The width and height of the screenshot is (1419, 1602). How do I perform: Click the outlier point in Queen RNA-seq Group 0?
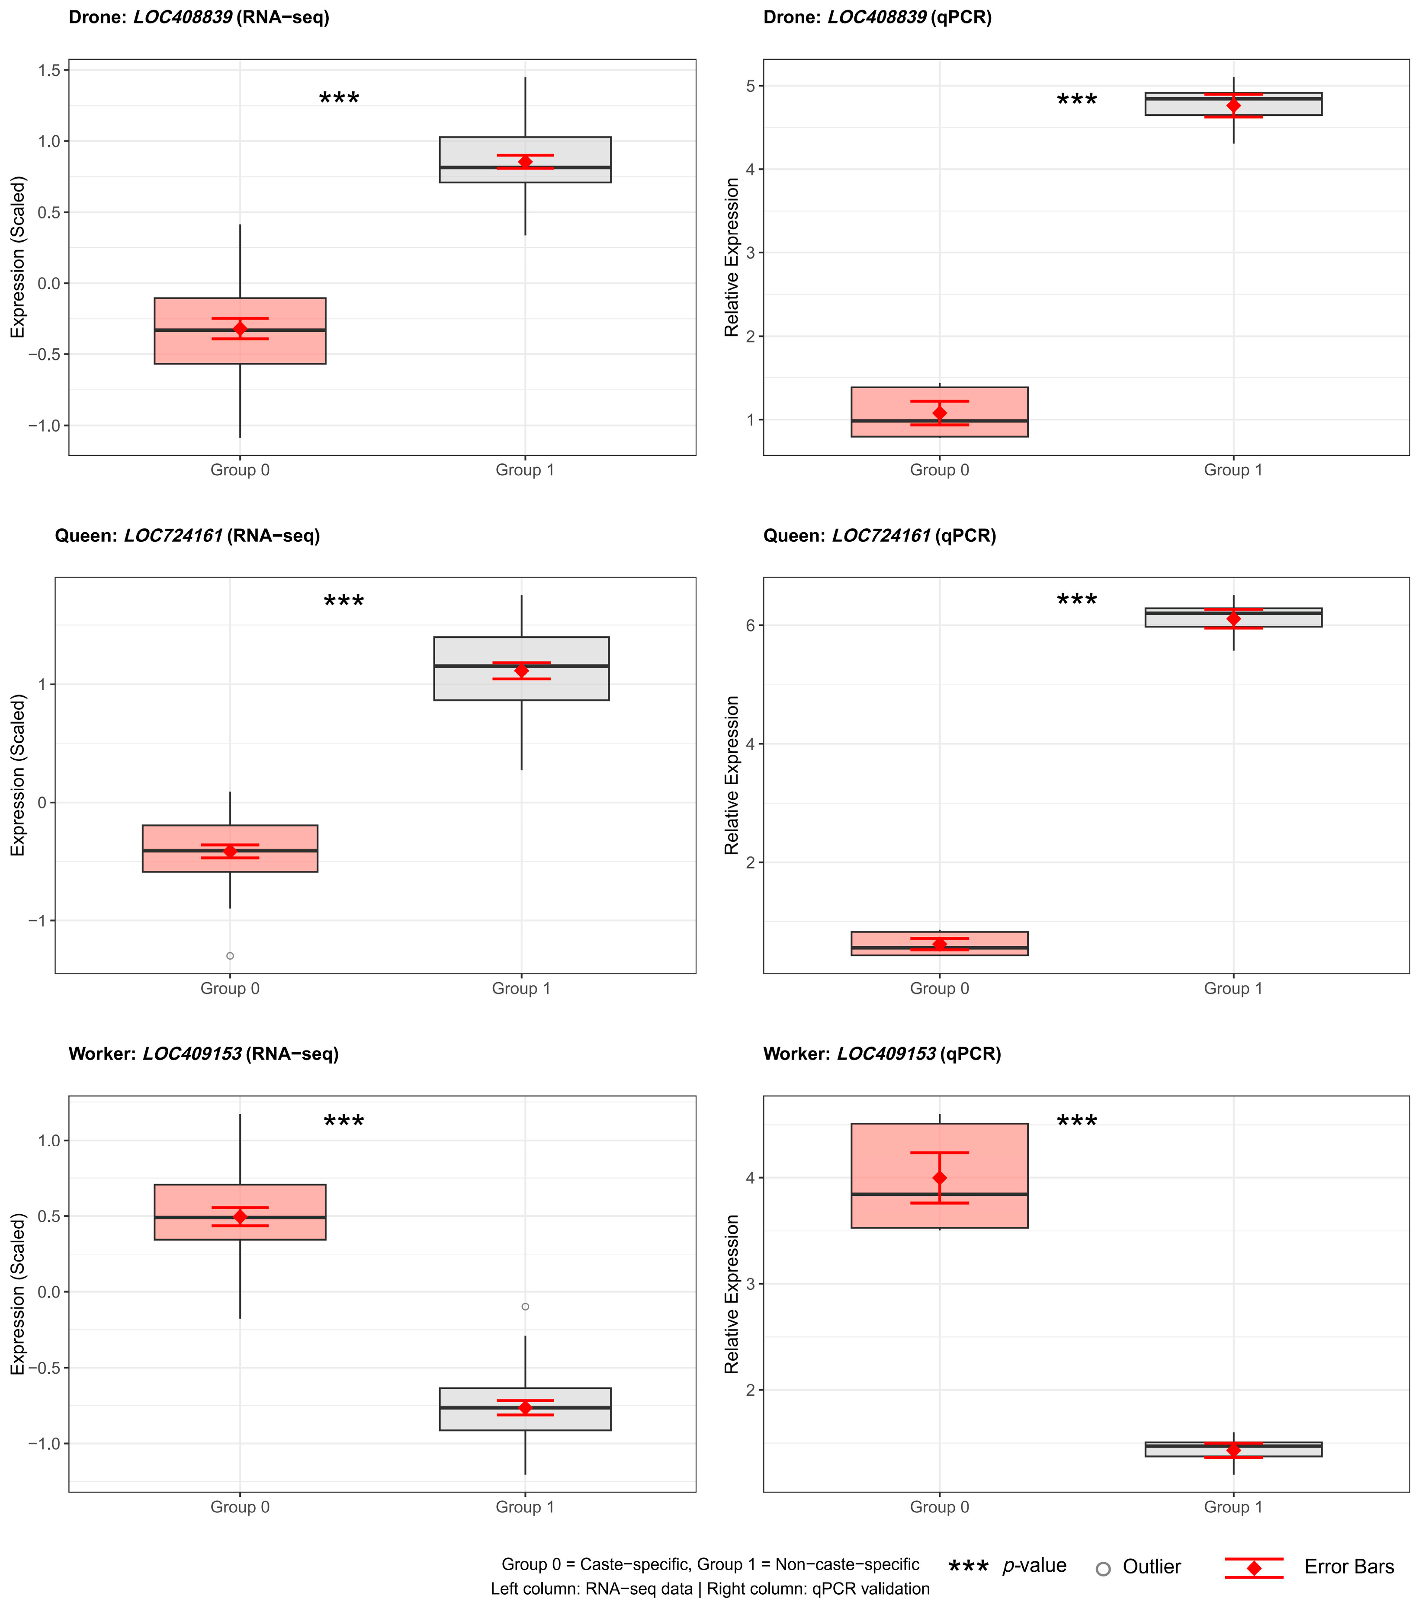click(230, 955)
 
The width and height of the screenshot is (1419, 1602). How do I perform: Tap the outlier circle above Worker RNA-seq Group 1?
click(525, 1307)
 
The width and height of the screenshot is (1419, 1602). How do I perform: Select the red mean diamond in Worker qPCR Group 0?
click(939, 1178)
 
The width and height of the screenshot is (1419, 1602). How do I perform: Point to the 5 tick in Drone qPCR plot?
click(750, 86)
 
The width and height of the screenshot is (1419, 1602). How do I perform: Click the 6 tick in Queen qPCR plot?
click(750, 625)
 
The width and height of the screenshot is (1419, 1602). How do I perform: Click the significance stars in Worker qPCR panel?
click(1076, 1122)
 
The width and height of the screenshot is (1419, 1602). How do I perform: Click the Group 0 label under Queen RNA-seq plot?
click(230, 988)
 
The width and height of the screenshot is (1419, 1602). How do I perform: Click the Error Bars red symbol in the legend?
click(1254, 1567)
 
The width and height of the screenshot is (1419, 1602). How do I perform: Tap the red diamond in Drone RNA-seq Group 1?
click(525, 161)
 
